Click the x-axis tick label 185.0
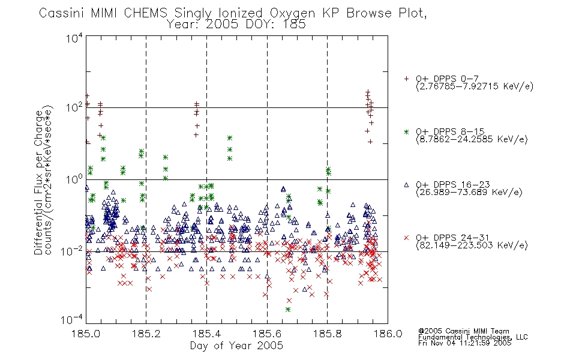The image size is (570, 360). click(86, 334)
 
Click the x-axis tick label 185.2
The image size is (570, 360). click(146, 334)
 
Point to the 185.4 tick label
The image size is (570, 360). click(206, 334)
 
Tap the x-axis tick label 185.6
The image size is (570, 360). click(267, 334)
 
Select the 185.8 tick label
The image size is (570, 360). click(327, 334)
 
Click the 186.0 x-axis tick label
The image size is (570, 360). click(388, 334)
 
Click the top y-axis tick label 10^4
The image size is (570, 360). click(74, 38)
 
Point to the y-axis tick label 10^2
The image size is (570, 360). click(74, 108)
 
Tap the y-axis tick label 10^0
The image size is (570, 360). click(74, 179)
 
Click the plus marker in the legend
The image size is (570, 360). click(406, 79)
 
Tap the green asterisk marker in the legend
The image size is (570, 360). click(406, 131)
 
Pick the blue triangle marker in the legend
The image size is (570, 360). click(406, 185)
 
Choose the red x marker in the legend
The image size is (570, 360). click(406, 238)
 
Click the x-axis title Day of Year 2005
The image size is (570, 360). click(236, 346)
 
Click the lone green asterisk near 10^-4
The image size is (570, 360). click(288, 310)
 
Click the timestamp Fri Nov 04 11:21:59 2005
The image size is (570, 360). click(464, 343)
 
